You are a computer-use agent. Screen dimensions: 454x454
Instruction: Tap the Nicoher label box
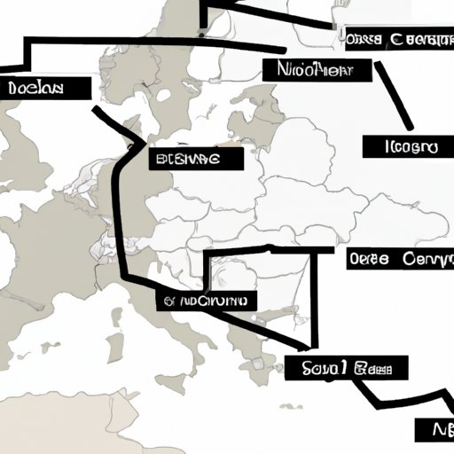click(x=308, y=69)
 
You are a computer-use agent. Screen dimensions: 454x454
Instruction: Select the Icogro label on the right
click(x=402, y=146)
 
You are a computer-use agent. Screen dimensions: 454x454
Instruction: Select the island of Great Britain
click(x=27, y=168)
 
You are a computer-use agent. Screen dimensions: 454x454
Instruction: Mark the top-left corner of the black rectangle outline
click(x=206, y=252)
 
